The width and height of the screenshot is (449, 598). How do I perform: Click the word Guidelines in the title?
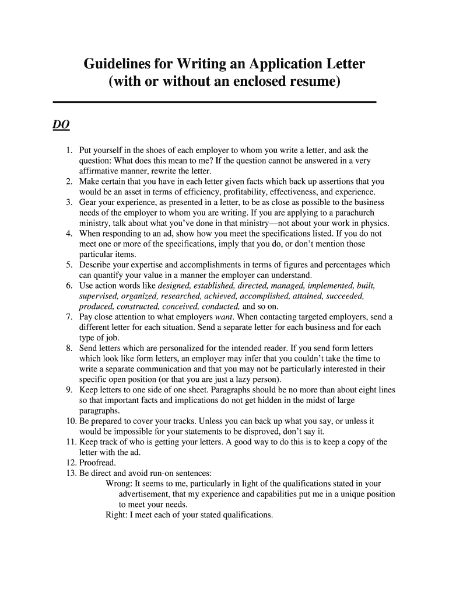pos(118,63)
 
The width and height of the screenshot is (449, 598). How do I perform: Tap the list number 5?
pos(68,265)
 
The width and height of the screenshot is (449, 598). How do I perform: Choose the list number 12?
pos(66,463)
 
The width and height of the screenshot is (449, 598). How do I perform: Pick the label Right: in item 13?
pos(117,515)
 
